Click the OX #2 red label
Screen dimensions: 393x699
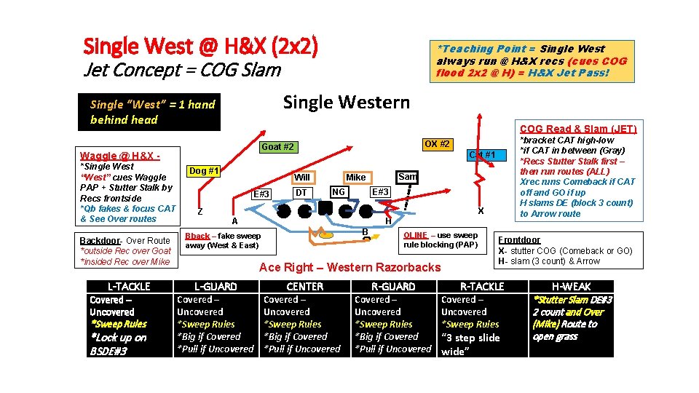[436, 144]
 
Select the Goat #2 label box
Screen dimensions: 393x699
[277, 147]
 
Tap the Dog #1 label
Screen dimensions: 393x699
[204, 171]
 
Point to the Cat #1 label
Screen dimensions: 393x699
[482, 155]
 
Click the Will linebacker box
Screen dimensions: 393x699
[302, 177]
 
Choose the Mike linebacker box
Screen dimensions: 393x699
[356, 177]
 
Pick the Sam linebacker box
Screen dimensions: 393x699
[407, 176]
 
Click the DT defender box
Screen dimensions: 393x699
[301, 192]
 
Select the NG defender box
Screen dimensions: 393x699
[338, 192]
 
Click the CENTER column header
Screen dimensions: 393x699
[305, 287]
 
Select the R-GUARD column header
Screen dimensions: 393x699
[393, 287]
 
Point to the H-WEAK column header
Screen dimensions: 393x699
[572, 287]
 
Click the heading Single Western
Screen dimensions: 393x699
[346, 102]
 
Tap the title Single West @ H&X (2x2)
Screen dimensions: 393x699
[201, 47]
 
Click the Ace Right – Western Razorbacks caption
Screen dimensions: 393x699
[350, 267]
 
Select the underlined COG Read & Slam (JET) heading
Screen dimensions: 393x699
[577, 129]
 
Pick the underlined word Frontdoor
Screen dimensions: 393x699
[519, 239]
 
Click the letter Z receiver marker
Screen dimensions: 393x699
[200, 212]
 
